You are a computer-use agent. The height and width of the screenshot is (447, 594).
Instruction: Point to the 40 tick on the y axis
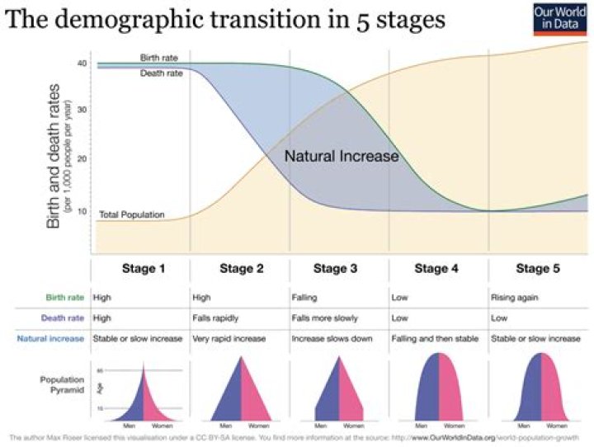pyautogui.click(x=82, y=64)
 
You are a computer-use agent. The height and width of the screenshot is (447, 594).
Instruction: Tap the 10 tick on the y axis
pyautogui.click(x=82, y=211)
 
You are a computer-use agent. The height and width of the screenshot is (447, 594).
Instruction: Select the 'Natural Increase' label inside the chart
pyautogui.click(x=342, y=156)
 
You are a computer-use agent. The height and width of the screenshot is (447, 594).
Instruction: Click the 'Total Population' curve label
pyautogui.click(x=132, y=215)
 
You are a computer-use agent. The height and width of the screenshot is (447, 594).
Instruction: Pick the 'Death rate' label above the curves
pyautogui.click(x=160, y=72)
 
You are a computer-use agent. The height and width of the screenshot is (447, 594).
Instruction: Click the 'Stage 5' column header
pyautogui.click(x=538, y=268)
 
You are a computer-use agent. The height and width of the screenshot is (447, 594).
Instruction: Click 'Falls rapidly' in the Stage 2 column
pyautogui.click(x=216, y=317)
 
